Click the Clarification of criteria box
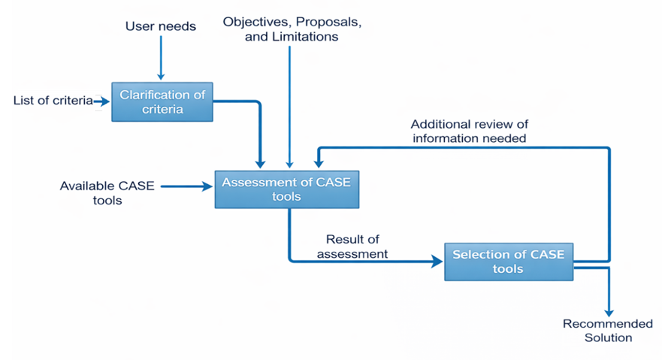[x=162, y=101]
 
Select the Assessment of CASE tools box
[x=286, y=189]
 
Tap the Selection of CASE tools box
[x=508, y=262]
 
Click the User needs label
[x=160, y=26]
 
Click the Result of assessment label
[x=352, y=247]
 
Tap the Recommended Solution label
[x=609, y=331]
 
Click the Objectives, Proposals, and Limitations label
[x=292, y=29]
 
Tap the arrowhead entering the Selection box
[x=437, y=262]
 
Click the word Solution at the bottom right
[x=609, y=338]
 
